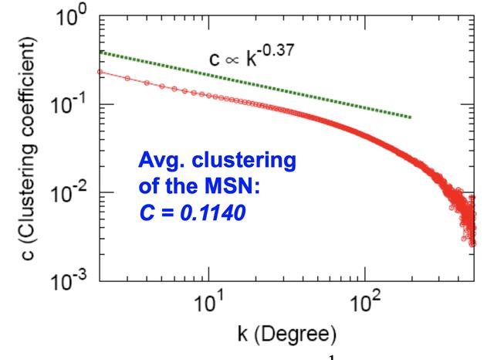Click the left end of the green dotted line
point(102,52)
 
